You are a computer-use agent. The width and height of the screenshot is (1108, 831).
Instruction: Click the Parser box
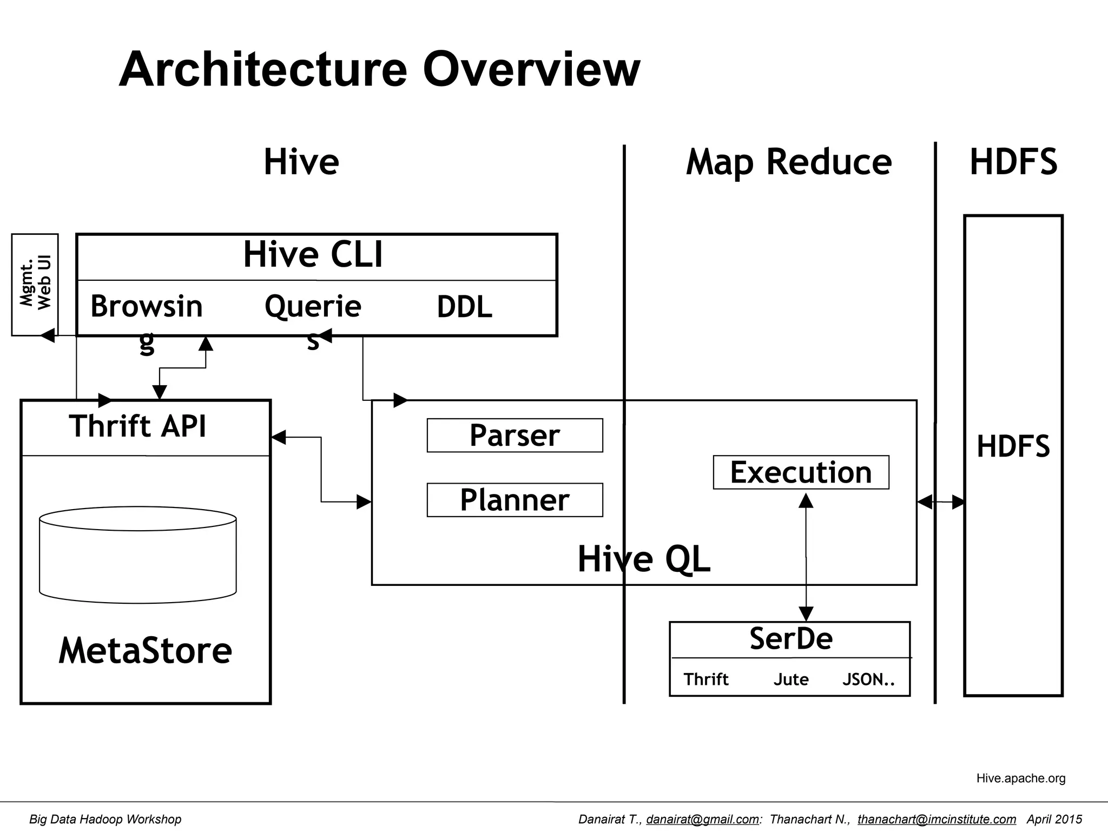[515, 436]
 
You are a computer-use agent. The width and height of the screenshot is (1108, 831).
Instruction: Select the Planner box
[515, 500]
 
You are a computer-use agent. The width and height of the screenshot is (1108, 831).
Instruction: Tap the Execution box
[801, 472]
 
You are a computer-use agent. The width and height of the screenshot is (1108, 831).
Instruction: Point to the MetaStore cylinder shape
[138, 555]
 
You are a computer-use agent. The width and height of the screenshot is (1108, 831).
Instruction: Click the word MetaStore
[145, 650]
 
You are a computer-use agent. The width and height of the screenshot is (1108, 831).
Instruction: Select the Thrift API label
[138, 426]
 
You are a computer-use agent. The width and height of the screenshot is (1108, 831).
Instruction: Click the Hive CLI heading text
[313, 255]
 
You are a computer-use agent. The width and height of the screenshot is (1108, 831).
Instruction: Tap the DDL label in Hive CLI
[464, 307]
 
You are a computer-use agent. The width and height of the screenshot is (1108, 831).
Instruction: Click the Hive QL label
[644, 559]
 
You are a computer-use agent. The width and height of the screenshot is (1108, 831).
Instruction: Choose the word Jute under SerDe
[790, 679]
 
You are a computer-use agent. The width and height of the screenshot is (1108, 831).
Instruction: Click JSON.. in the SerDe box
[868, 679]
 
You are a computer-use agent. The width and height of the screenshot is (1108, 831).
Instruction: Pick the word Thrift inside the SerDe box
[705, 679]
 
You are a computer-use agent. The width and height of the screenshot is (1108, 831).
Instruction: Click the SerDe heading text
[790, 639]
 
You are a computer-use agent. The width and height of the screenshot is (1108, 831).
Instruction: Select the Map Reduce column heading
[788, 162]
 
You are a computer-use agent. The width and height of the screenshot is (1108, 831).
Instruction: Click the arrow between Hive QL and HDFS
[941, 502]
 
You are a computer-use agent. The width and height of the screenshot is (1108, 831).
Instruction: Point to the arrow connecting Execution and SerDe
[806, 557]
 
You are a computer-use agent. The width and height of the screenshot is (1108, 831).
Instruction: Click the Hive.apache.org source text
[1020, 778]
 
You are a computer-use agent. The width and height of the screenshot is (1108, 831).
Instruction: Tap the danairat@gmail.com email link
[702, 819]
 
